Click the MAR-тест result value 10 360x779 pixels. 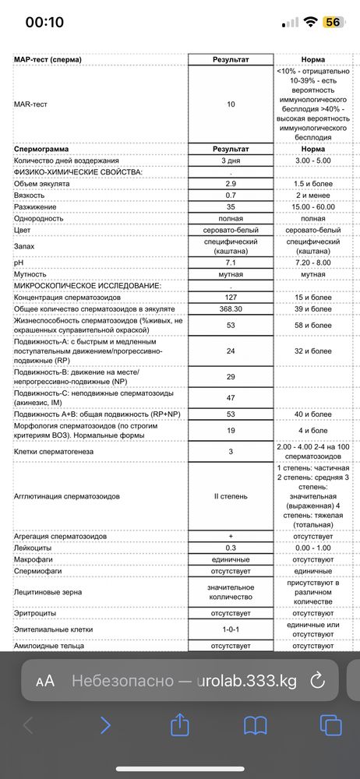[x=230, y=104]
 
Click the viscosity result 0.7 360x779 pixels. [x=230, y=194]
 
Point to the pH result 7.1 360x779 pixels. [x=230, y=263]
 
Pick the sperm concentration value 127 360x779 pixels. [x=230, y=298]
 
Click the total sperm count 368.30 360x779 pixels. [x=230, y=308]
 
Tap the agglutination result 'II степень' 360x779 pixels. [x=230, y=495]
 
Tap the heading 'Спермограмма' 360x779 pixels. [x=43, y=148]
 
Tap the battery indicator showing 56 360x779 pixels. [x=332, y=23]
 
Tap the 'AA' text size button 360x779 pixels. [x=45, y=681]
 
